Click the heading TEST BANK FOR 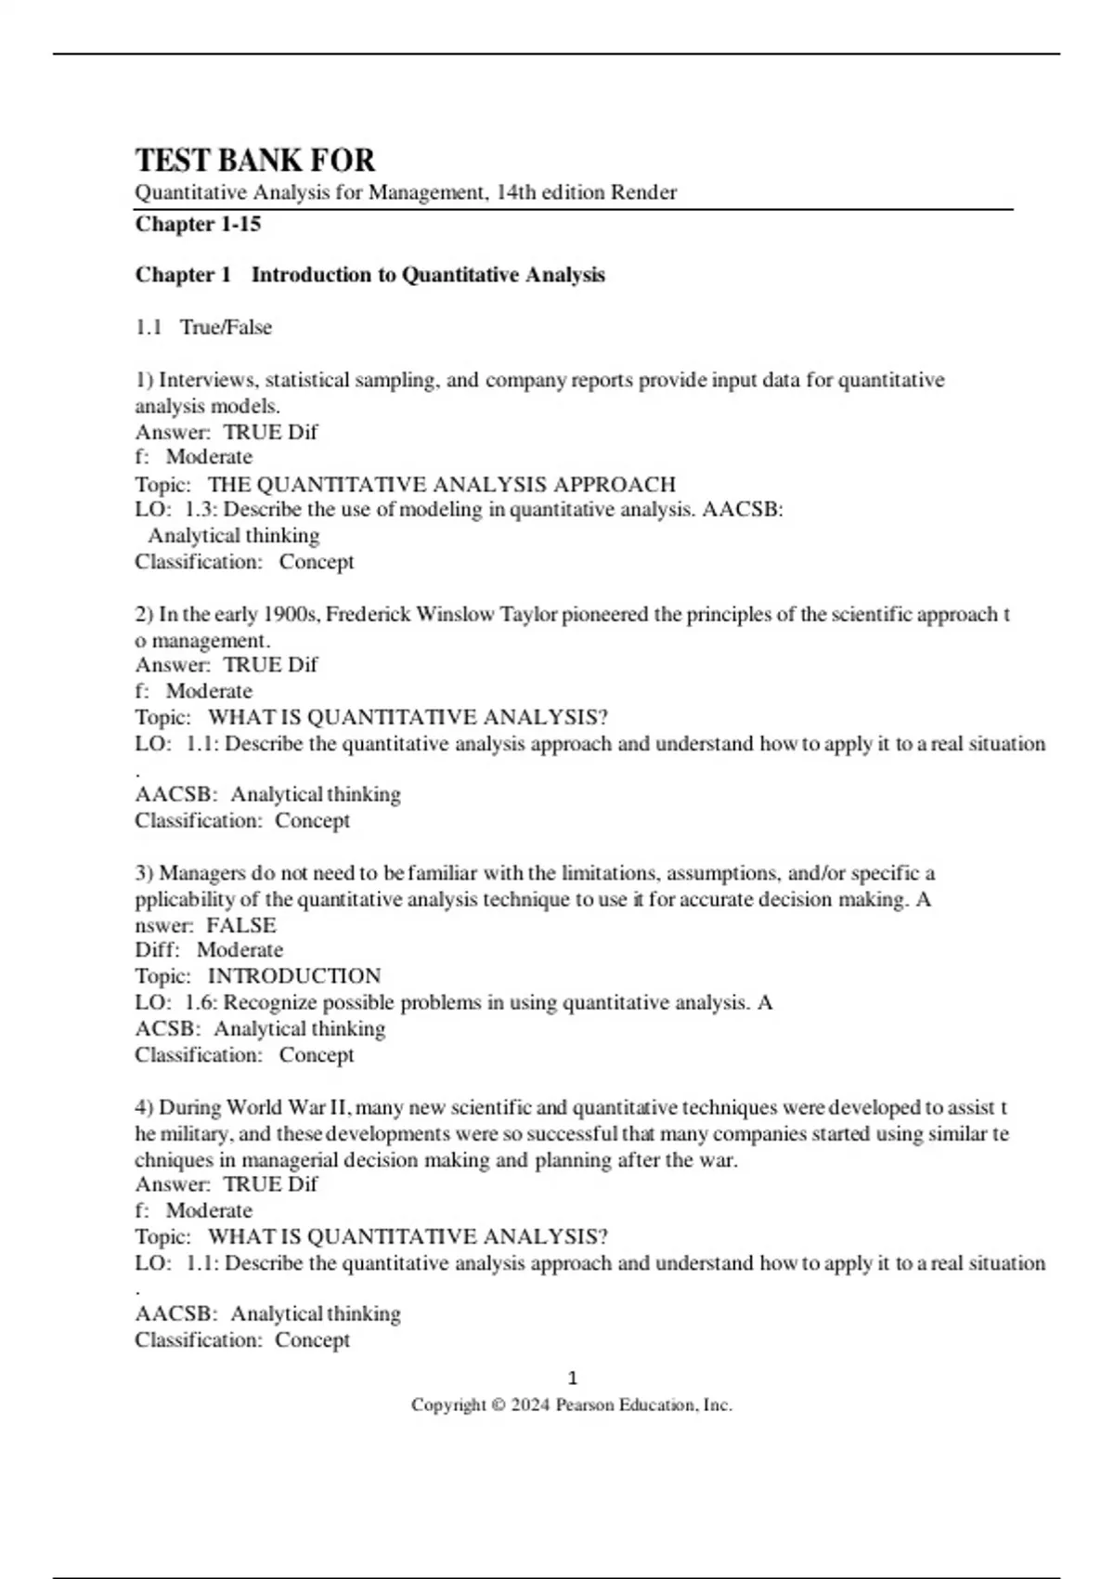pos(255,161)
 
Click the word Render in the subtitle pos(643,192)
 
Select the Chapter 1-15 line pos(198,224)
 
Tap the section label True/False pos(226,327)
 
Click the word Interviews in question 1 pos(207,380)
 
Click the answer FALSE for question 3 pos(241,925)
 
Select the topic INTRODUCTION pos(294,976)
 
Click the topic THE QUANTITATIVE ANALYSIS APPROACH pos(442,484)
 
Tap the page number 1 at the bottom pos(572,1378)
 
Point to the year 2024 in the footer pos(530,1405)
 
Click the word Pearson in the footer pos(585,1405)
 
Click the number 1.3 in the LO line pos(201,509)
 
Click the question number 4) pos(144,1108)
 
